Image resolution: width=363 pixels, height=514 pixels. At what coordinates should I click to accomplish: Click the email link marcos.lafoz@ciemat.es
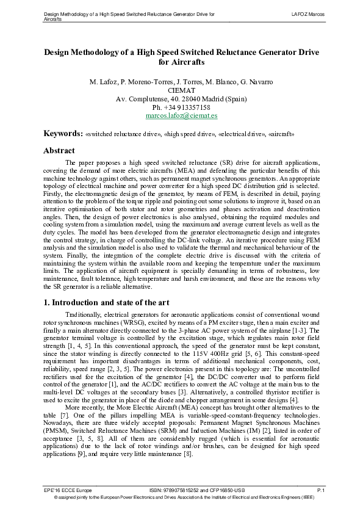click(x=181, y=115)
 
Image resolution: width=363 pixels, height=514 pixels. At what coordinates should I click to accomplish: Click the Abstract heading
click(x=59, y=150)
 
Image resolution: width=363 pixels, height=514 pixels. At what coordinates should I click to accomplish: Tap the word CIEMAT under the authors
click(x=181, y=90)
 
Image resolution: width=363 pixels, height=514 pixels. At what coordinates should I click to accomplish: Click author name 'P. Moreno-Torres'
click(x=143, y=81)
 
